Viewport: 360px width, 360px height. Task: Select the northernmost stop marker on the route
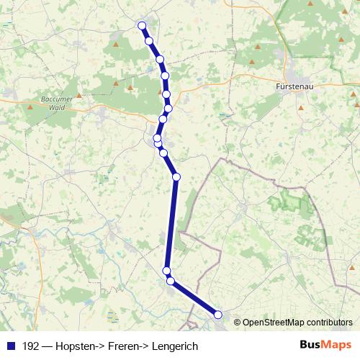[141, 26]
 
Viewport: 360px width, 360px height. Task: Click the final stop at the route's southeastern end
[218, 314]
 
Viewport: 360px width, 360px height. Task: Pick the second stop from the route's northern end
[149, 41]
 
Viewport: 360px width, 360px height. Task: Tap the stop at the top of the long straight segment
[176, 177]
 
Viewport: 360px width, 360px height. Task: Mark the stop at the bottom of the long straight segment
[166, 271]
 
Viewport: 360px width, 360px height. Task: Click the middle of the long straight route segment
[171, 224]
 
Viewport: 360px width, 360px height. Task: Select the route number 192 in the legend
[30, 346]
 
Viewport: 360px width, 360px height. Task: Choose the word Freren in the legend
[124, 346]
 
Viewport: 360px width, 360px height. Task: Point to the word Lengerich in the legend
[175, 346]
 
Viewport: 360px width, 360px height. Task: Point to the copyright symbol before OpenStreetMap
[238, 322]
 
